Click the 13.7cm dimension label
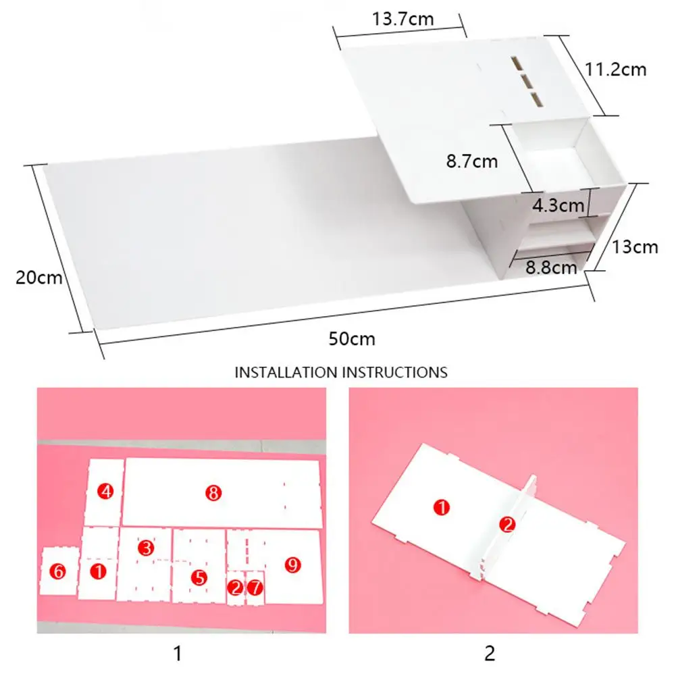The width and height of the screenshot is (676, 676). [x=402, y=20]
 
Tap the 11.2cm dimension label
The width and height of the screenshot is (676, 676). [x=616, y=70]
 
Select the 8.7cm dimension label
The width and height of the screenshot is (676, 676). [x=472, y=161]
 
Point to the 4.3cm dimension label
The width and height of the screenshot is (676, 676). [x=558, y=205]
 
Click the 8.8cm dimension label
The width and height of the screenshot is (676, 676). [x=551, y=267]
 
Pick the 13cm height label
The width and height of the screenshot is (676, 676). [x=635, y=247]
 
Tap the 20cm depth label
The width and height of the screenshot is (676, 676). [x=38, y=277]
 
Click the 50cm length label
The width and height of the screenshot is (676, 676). [x=352, y=339]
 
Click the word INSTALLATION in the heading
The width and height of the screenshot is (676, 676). [x=286, y=373]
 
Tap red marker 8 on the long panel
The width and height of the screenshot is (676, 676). [x=213, y=493]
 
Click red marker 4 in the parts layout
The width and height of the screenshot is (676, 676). [x=105, y=491]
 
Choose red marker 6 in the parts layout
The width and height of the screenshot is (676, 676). [x=58, y=572]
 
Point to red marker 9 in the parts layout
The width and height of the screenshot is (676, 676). [x=292, y=565]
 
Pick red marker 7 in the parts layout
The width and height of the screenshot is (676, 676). [x=255, y=587]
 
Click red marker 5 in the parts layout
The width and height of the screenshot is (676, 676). [x=199, y=577]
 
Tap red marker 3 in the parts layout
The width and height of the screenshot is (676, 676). [x=146, y=548]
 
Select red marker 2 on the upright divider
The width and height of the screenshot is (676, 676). [x=507, y=525]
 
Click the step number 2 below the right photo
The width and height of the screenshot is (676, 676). [x=490, y=654]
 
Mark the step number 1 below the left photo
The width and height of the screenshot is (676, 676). [x=178, y=654]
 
